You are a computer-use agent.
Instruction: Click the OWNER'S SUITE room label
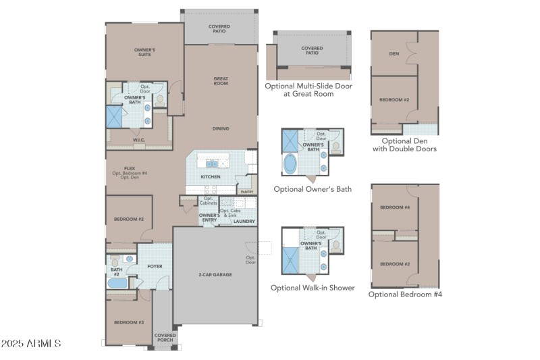point(144,52)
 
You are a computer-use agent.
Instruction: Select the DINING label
point(221,128)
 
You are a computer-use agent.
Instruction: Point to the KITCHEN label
point(211,177)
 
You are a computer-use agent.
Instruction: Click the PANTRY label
point(246,192)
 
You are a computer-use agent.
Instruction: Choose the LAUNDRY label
point(244,221)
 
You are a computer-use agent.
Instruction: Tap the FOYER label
point(155,266)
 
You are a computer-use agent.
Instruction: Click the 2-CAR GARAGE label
point(215,275)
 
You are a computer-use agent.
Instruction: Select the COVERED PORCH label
point(165,337)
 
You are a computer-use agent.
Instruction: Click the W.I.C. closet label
point(139,140)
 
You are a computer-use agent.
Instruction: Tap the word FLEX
point(130,168)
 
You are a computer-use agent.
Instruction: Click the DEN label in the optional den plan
point(394,53)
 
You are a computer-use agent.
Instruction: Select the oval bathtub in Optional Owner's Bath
point(290,165)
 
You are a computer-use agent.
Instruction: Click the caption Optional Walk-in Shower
point(313,288)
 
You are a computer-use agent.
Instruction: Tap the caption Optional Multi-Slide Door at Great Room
point(308,90)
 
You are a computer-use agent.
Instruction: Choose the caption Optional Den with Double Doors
point(404,145)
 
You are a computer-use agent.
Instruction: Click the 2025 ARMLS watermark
point(32,344)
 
